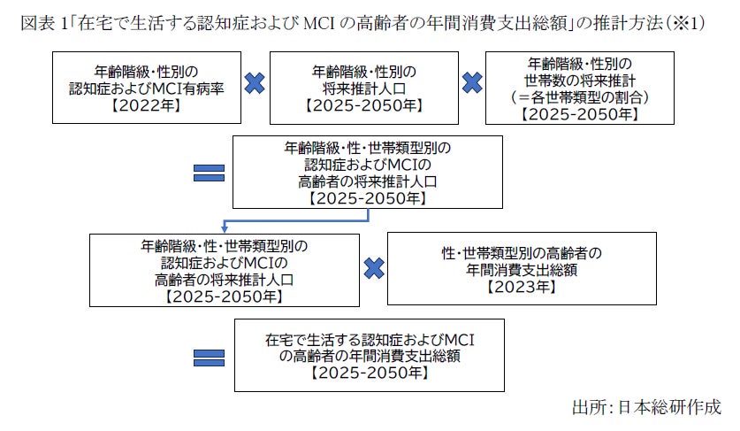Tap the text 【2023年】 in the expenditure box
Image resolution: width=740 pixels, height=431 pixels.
pos(522,287)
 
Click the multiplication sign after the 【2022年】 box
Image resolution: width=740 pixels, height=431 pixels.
pos(254,84)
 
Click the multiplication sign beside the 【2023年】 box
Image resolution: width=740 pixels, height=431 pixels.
pos(374,266)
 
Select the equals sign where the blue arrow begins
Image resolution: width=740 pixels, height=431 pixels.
pos(208,170)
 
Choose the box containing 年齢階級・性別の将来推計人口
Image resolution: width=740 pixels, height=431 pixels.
pos(364,88)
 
